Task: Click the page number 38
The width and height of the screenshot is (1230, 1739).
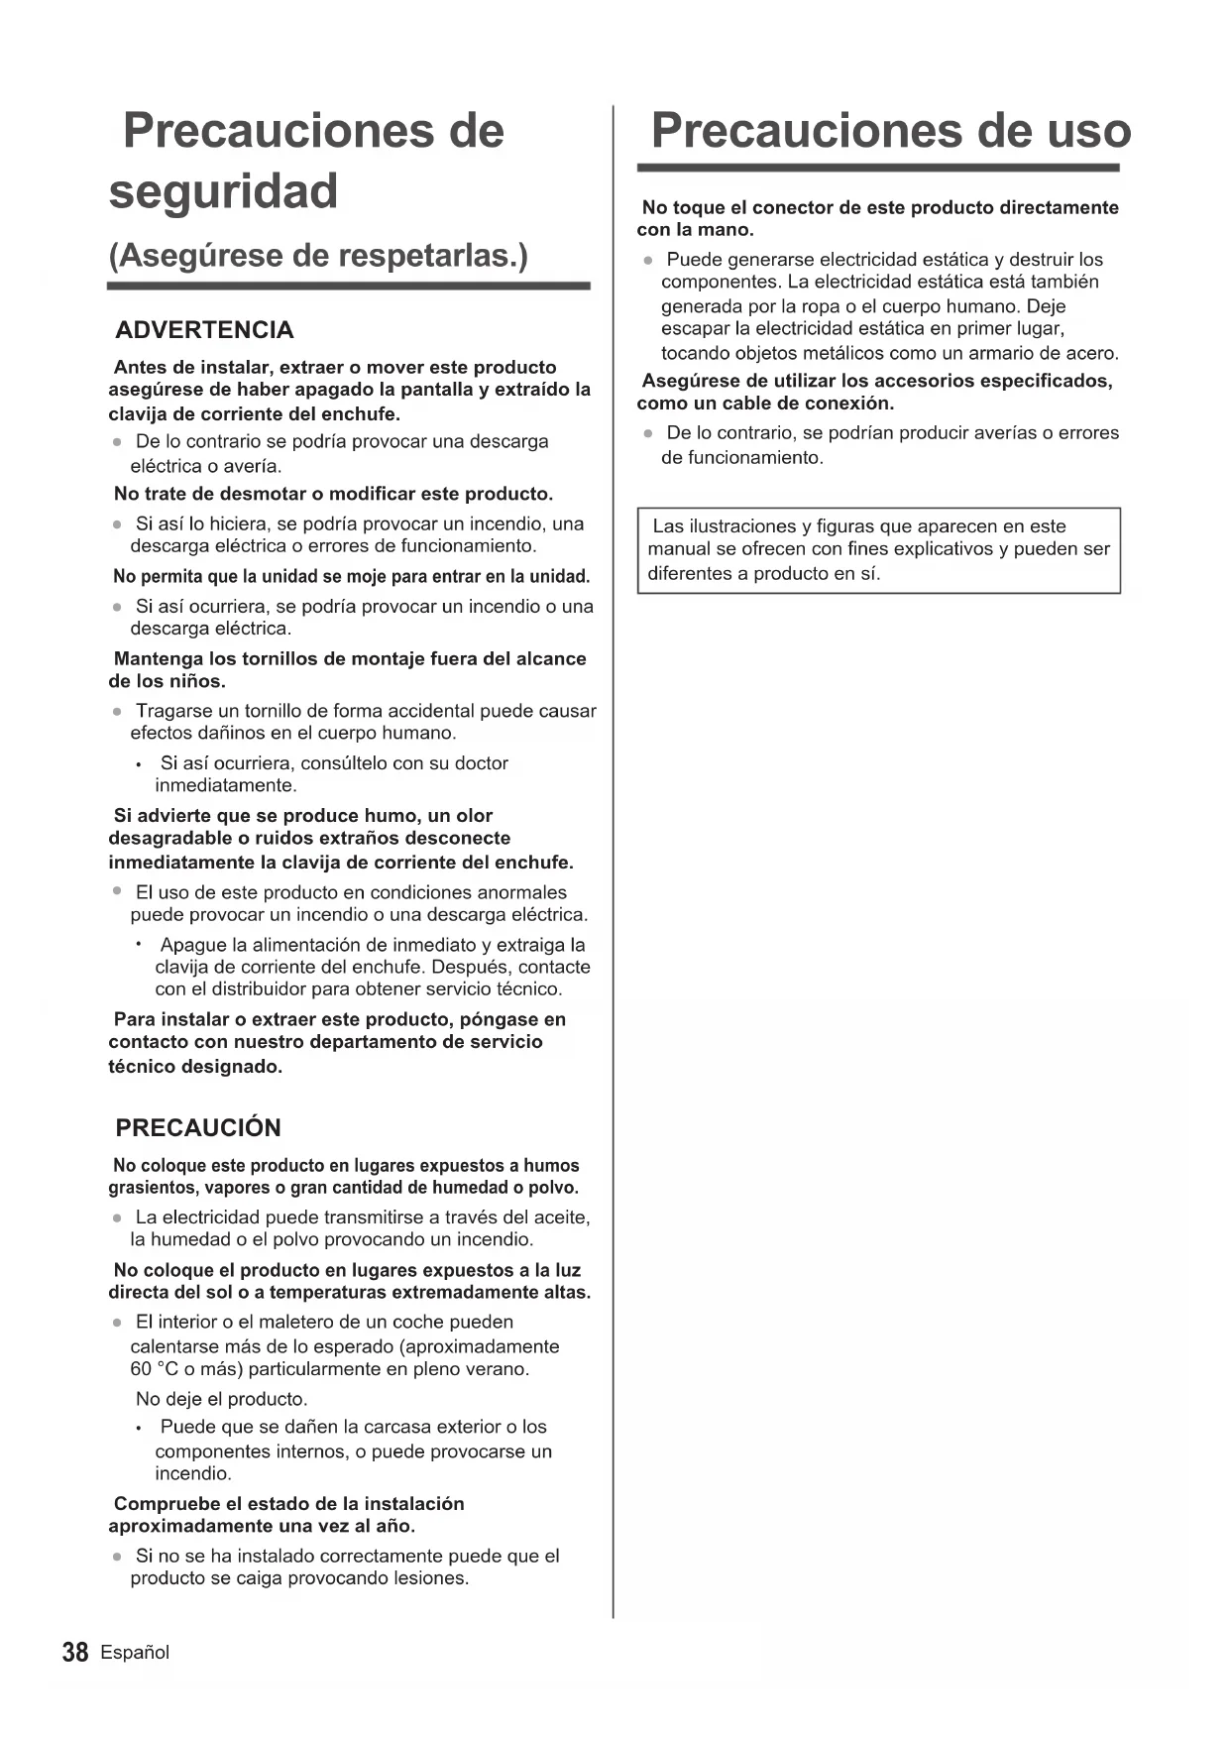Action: [x=75, y=1653]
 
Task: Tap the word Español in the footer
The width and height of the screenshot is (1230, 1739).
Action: [x=135, y=1653]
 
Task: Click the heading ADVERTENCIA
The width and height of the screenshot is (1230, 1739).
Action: [x=204, y=330]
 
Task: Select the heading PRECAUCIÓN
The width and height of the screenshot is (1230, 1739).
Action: [x=198, y=1127]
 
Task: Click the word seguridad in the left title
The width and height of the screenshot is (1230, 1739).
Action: [x=223, y=191]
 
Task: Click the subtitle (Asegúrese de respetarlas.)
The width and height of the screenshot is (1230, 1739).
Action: [x=318, y=256]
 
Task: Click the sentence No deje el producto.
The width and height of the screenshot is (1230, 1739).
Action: [x=221, y=1399]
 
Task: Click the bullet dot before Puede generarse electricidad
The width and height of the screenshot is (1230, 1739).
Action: [x=647, y=261]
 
